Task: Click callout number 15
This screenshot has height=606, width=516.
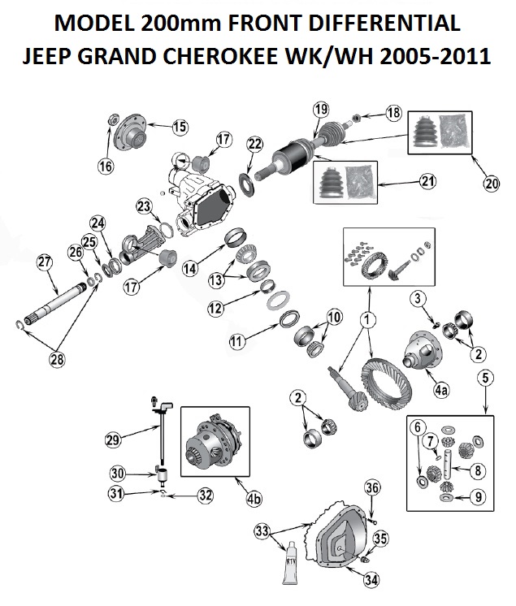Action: tap(179, 126)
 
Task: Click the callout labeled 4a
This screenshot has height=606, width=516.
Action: tap(440, 391)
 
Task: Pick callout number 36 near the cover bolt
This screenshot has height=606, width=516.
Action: tap(371, 487)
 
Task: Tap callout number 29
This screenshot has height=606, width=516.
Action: tap(113, 439)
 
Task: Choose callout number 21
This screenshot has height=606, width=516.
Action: tap(428, 181)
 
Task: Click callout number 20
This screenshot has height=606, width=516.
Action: tap(491, 184)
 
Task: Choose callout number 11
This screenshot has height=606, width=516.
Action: tap(236, 343)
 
